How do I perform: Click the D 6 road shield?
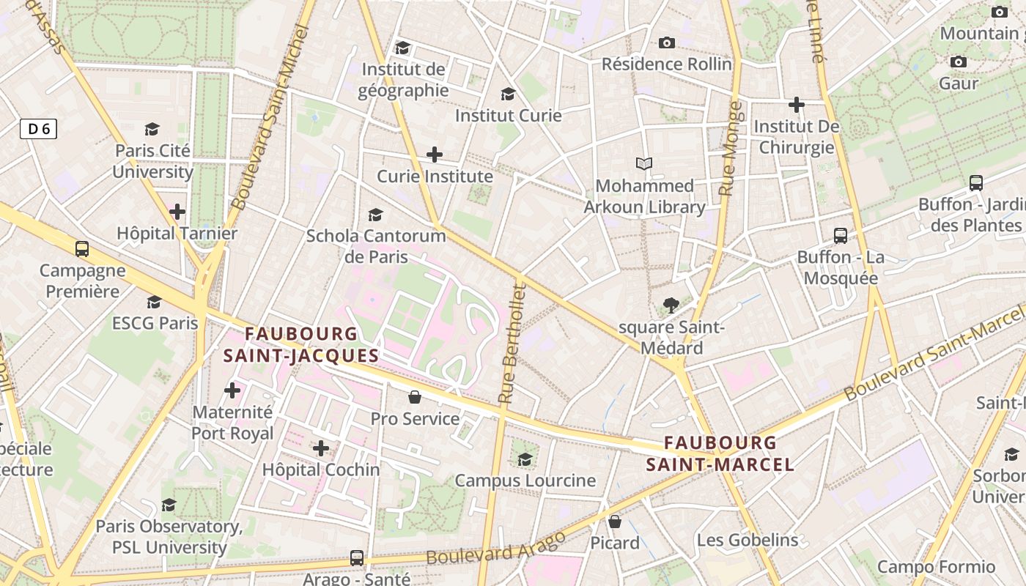pyautogui.click(x=38, y=130)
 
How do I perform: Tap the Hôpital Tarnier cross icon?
pyautogui.click(x=177, y=212)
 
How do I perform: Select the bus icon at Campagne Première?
pyautogui.click(x=82, y=249)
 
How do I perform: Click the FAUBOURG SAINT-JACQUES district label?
pyautogui.click(x=301, y=345)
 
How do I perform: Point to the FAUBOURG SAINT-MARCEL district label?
pyautogui.click(x=720, y=453)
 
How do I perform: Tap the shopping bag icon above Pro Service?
pyautogui.click(x=415, y=397)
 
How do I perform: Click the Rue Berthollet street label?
pyautogui.click(x=513, y=344)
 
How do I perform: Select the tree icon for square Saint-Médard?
pyautogui.click(x=671, y=305)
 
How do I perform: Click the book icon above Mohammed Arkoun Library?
pyautogui.click(x=644, y=164)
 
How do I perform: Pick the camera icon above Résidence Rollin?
pyautogui.click(x=666, y=43)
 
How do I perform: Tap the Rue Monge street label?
pyautogui.click(x=731, y=149)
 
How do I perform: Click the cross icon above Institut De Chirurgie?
pyautogui.click(x=797, y=105)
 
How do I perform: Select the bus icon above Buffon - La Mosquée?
pyautogui.click(x=841, y=236)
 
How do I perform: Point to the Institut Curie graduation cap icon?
pyautogui.click(x=508, y=94)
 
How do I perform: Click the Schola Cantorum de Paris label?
pyautogui.click(x=375, y=246)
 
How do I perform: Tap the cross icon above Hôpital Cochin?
pyautogui.click(x=321, y=448)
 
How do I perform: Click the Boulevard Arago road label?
pyautogui.click(x=495, y=548)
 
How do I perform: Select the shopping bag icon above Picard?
pyautogui.click(x=615, y=522)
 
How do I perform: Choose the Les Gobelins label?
pyautogui.click(x=747, y=541)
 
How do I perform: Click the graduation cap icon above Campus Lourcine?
pyautogui.click(x=525, y=459)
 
